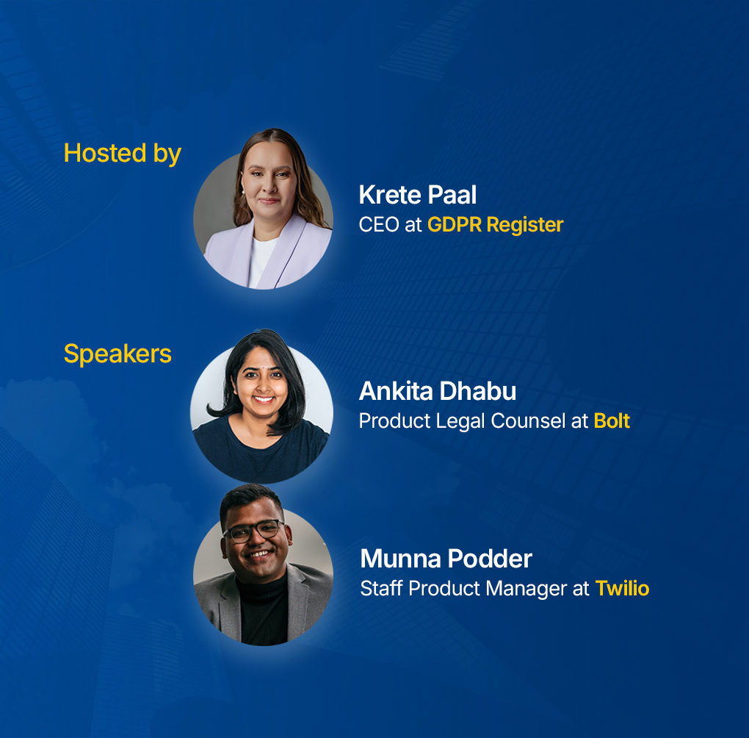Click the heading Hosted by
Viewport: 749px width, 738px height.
pos(122,153)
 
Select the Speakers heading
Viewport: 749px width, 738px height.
pos(117,354)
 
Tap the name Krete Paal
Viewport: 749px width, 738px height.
pos(417,195)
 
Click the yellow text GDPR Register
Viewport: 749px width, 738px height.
pos(495,225)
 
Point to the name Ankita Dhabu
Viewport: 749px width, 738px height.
pos(437,391)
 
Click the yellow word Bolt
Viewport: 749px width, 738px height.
pos(612,421)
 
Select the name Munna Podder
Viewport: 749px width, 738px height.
pos(446,559)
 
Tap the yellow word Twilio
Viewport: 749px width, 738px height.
pos(622,589)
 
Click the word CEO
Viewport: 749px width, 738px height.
pos(378,225)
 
